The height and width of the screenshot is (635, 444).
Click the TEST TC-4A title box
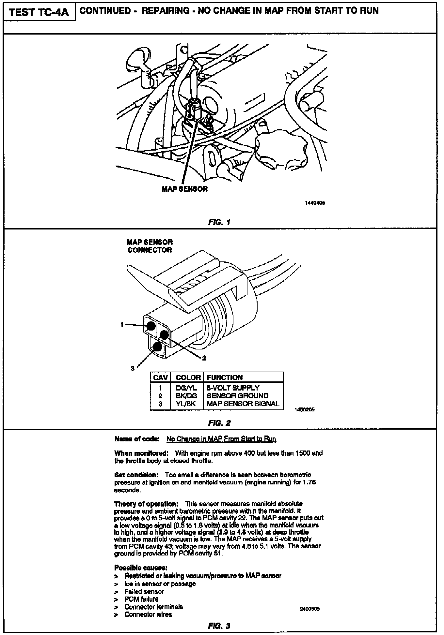(39, 12)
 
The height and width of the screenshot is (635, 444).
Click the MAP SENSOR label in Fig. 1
(184, 189)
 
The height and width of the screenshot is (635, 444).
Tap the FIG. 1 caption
(219, 222)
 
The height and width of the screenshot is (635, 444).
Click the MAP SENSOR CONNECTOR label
(150, 246)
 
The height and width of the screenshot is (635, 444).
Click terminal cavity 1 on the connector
(151, 326)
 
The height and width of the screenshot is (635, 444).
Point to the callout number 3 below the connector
(133, 368)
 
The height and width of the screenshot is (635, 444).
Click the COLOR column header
(188, 377)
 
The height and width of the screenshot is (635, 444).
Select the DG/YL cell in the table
(186, 388)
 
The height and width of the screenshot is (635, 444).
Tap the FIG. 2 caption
(219, 423)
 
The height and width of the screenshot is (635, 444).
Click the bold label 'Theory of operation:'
(146, 504)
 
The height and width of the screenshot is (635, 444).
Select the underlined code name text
(221, 439)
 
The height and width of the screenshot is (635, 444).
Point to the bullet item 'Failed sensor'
(144, 591)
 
